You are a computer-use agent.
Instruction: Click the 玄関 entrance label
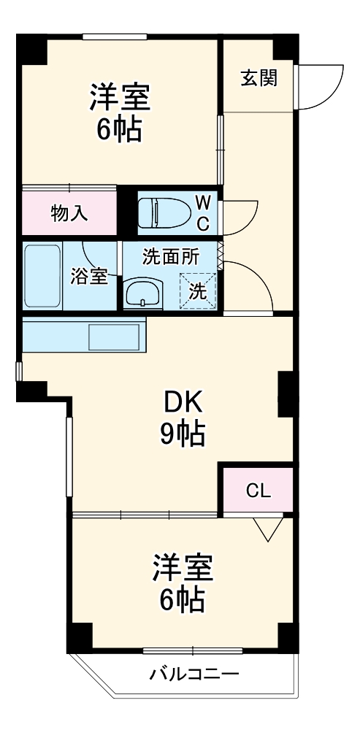258,78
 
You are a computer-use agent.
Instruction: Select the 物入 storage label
69,213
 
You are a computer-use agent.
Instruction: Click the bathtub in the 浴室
42,276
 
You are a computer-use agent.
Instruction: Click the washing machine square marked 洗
198,290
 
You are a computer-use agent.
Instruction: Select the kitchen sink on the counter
113,337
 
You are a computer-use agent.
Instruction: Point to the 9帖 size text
182,434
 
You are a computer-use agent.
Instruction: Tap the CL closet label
257,490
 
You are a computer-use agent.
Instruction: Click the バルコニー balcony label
194,672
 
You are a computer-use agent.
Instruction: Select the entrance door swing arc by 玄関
321,86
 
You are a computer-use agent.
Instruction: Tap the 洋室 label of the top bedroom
120,96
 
